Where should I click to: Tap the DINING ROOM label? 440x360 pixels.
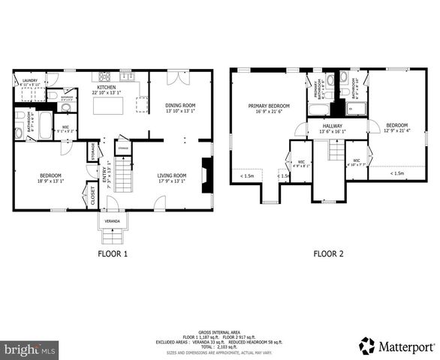coord(180,104)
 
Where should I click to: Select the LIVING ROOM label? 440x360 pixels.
coord(173,175)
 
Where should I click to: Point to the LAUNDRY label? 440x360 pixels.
coord(30,79)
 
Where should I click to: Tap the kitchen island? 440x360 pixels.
coord(108,105)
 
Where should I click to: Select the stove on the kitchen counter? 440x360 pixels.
coord(104,76)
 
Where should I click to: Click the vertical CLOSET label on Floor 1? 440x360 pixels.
coord(93,196)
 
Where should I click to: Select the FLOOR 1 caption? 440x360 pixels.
coord(113,254)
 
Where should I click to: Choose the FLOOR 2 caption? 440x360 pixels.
coord(328,254)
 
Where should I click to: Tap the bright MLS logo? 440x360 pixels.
coord(30,349)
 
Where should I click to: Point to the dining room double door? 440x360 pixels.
coord(173,76)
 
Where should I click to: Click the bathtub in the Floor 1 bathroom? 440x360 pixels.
coord(44,124)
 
